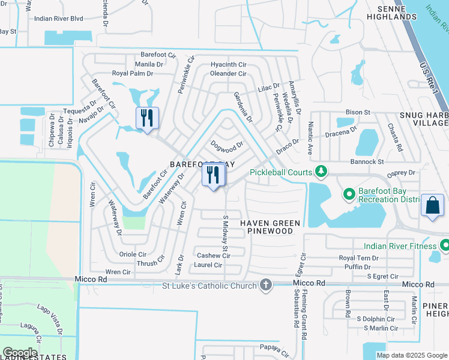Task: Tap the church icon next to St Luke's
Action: point(266,285)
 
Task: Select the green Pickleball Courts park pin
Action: point(322,172)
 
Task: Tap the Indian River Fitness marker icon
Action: point(444,245)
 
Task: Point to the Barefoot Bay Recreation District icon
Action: point(349,194)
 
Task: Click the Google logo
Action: point(20,353)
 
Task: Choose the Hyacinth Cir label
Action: point(228,64)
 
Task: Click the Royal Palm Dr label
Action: point(133,73)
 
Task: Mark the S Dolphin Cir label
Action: point(375,319)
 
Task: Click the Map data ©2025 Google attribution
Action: point(411,355)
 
